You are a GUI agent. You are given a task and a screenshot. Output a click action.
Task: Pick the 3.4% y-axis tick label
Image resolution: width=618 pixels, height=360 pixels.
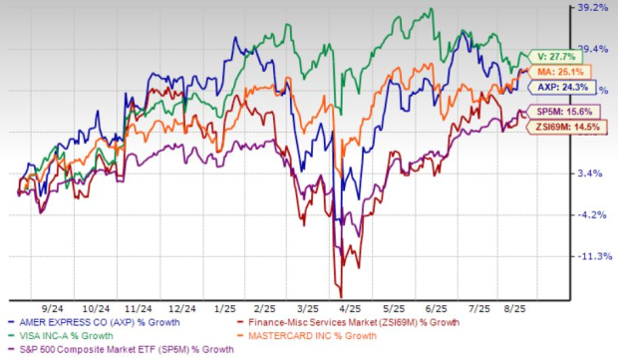(591, 174)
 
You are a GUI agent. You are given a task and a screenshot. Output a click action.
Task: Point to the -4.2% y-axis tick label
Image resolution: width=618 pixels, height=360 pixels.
(591, 214)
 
